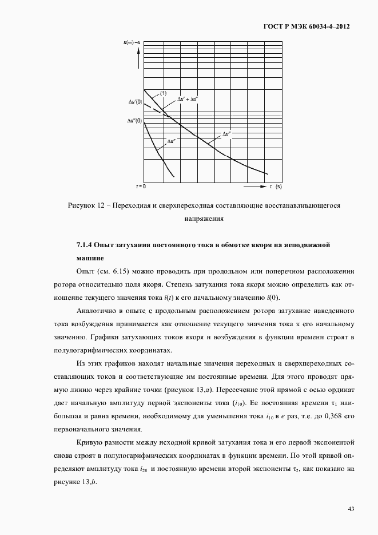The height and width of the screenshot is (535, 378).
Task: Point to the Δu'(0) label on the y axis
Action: (135, 102)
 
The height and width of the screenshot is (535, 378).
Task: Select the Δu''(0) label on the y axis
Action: (135, 121)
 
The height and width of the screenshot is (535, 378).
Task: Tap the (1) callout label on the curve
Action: (163, 93)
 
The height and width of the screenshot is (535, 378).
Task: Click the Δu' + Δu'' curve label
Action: (187, 99)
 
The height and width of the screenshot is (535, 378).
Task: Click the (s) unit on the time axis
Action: (278, 187)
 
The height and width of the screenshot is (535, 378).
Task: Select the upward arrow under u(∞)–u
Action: (138, 51)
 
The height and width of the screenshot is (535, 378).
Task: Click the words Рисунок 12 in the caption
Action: (86, 205)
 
